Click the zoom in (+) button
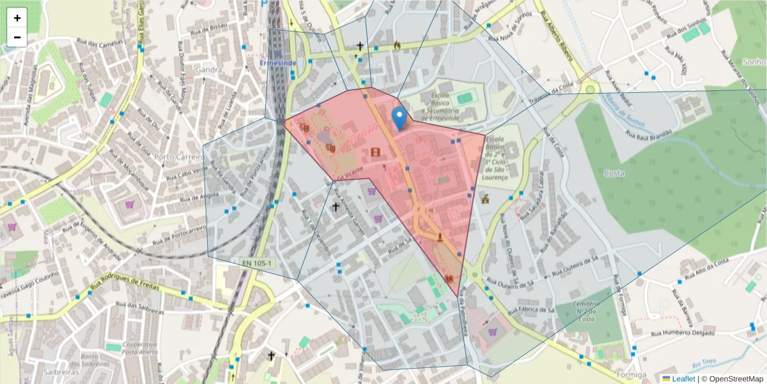click(x=17, y=18)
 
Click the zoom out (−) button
click(x=17, y=37)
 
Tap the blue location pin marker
click(x=399, y=119)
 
